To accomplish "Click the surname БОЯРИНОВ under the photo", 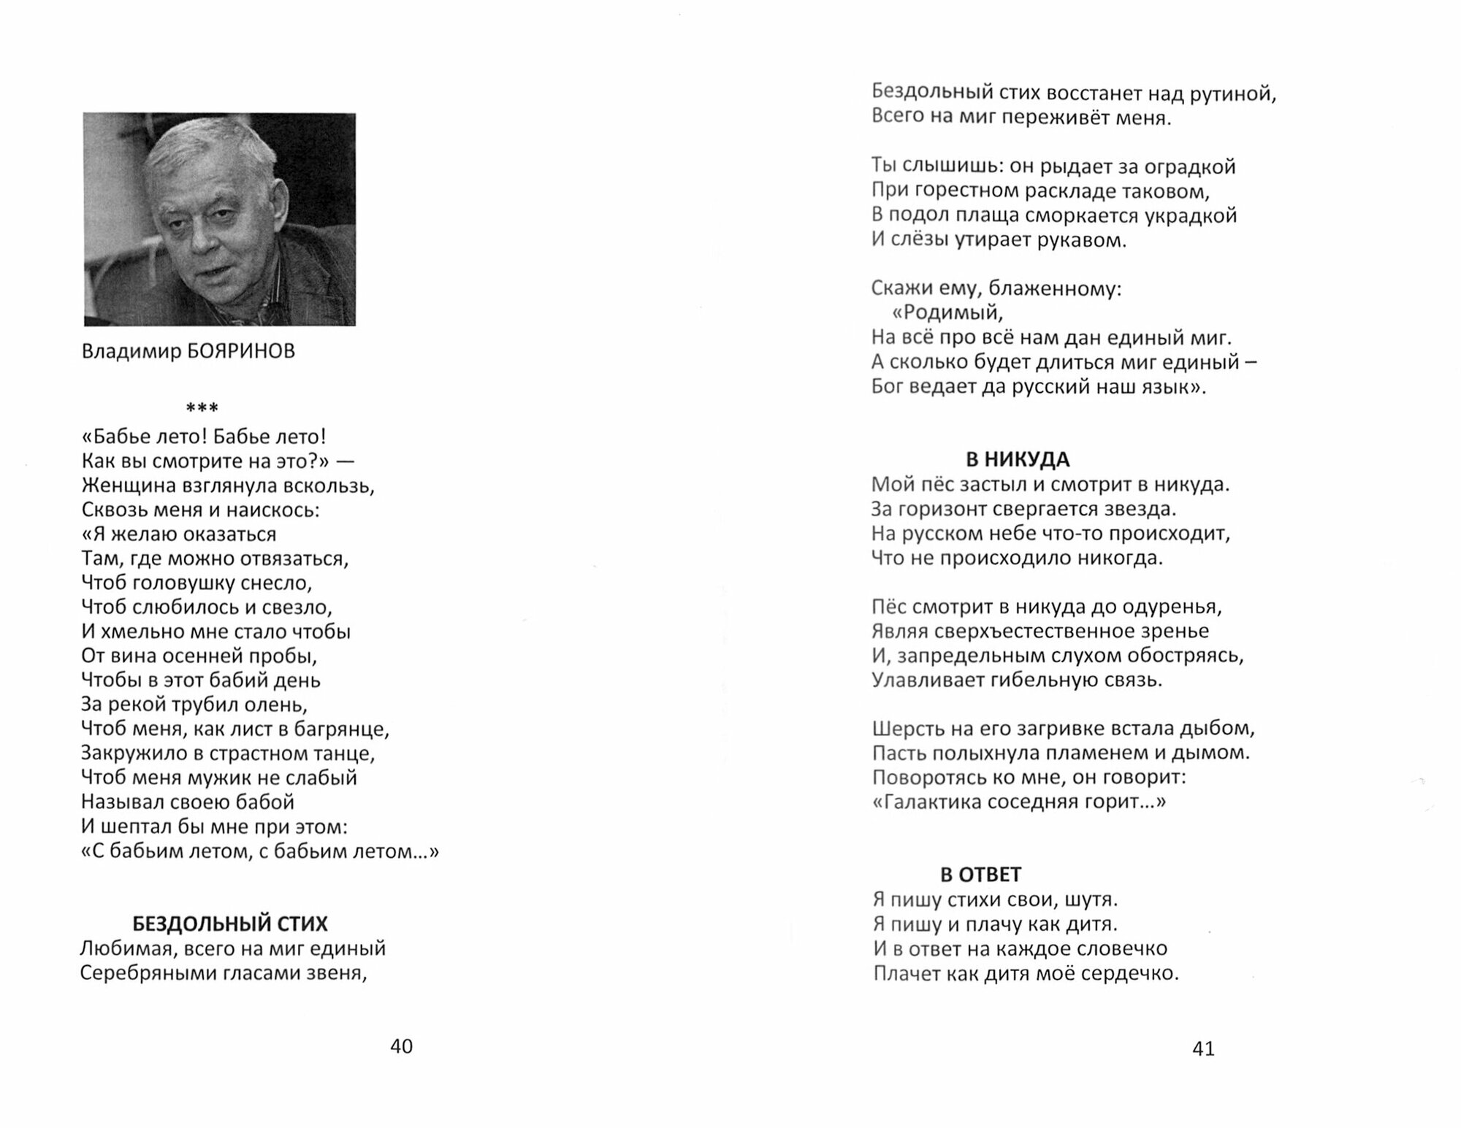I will pyautogui.click(x=241, y=351).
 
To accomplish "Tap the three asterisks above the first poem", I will pyautogui.click(x=202, y=408).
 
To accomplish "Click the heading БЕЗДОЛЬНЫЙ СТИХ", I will pyautogui.click(x=230, y=924).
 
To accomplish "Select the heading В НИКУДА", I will pyautogui.click(x=1018, y=459).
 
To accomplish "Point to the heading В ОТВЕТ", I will pyautogui.click(x=980, y=874).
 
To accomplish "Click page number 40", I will pyautogui.click(x=402, y=1046).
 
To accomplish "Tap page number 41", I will pyautogui.click(x=1203, y=1048).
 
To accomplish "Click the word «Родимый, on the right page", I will pyautogui.click(x=947, y=312).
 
